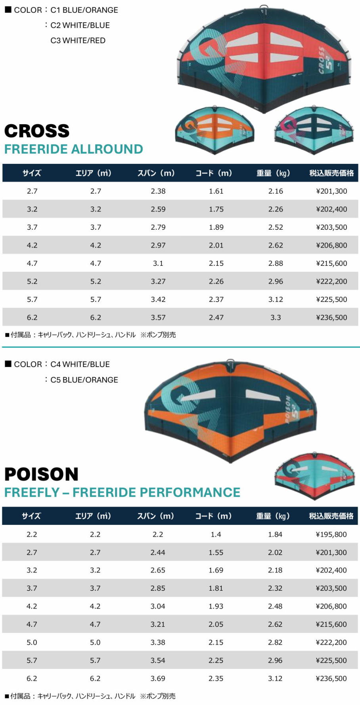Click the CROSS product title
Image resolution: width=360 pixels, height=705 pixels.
click(37, 131)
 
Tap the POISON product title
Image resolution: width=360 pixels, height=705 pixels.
click(41, 474)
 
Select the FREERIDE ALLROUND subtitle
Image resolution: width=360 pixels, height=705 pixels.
click(73, 149)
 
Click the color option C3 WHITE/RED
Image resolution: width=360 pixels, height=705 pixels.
click(78, 40)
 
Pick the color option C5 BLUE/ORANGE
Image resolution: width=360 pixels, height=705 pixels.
click(84, 380)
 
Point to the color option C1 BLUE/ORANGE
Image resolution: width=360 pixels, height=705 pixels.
click(84, 10)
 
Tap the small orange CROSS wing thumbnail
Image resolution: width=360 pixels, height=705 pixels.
click(214, 127)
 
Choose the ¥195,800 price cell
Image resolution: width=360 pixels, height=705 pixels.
click(331, 534)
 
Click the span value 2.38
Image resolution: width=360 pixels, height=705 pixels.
click(158, 191)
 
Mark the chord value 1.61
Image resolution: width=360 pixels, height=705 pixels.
click(216, 191)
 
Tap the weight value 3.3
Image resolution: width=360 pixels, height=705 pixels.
click(276, 317)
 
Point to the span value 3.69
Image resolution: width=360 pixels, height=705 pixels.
click(157, 678)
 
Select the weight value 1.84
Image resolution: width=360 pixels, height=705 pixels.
click(275, 534)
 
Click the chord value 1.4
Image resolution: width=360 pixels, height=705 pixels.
click(216, 534)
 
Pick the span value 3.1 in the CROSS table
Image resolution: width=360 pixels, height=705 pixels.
click(158, 263)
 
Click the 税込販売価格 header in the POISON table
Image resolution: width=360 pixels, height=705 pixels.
click(331, 516)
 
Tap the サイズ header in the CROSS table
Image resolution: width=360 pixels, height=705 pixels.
click(32, 173)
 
